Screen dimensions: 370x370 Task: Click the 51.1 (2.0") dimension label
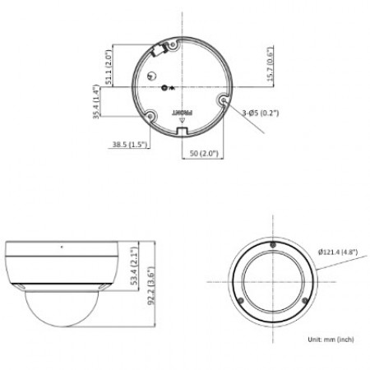[x=109, y=67]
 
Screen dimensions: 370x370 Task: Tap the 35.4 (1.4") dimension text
[x=96, y=102]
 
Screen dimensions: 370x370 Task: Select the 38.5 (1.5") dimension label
[x=130, y=144]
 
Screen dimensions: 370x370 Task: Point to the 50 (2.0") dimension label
[x=204, y=153]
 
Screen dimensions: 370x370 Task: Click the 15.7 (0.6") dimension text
[x=270, y=64]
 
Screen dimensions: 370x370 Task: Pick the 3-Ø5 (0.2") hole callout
[x=261, y=113]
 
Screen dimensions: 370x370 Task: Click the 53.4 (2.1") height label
[x=134, y=266]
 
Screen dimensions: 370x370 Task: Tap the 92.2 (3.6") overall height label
[x=151, y=286]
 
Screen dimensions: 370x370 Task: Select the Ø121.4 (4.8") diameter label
[x=338, y=252]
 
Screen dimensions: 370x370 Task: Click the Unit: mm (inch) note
[x=331, y=340]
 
